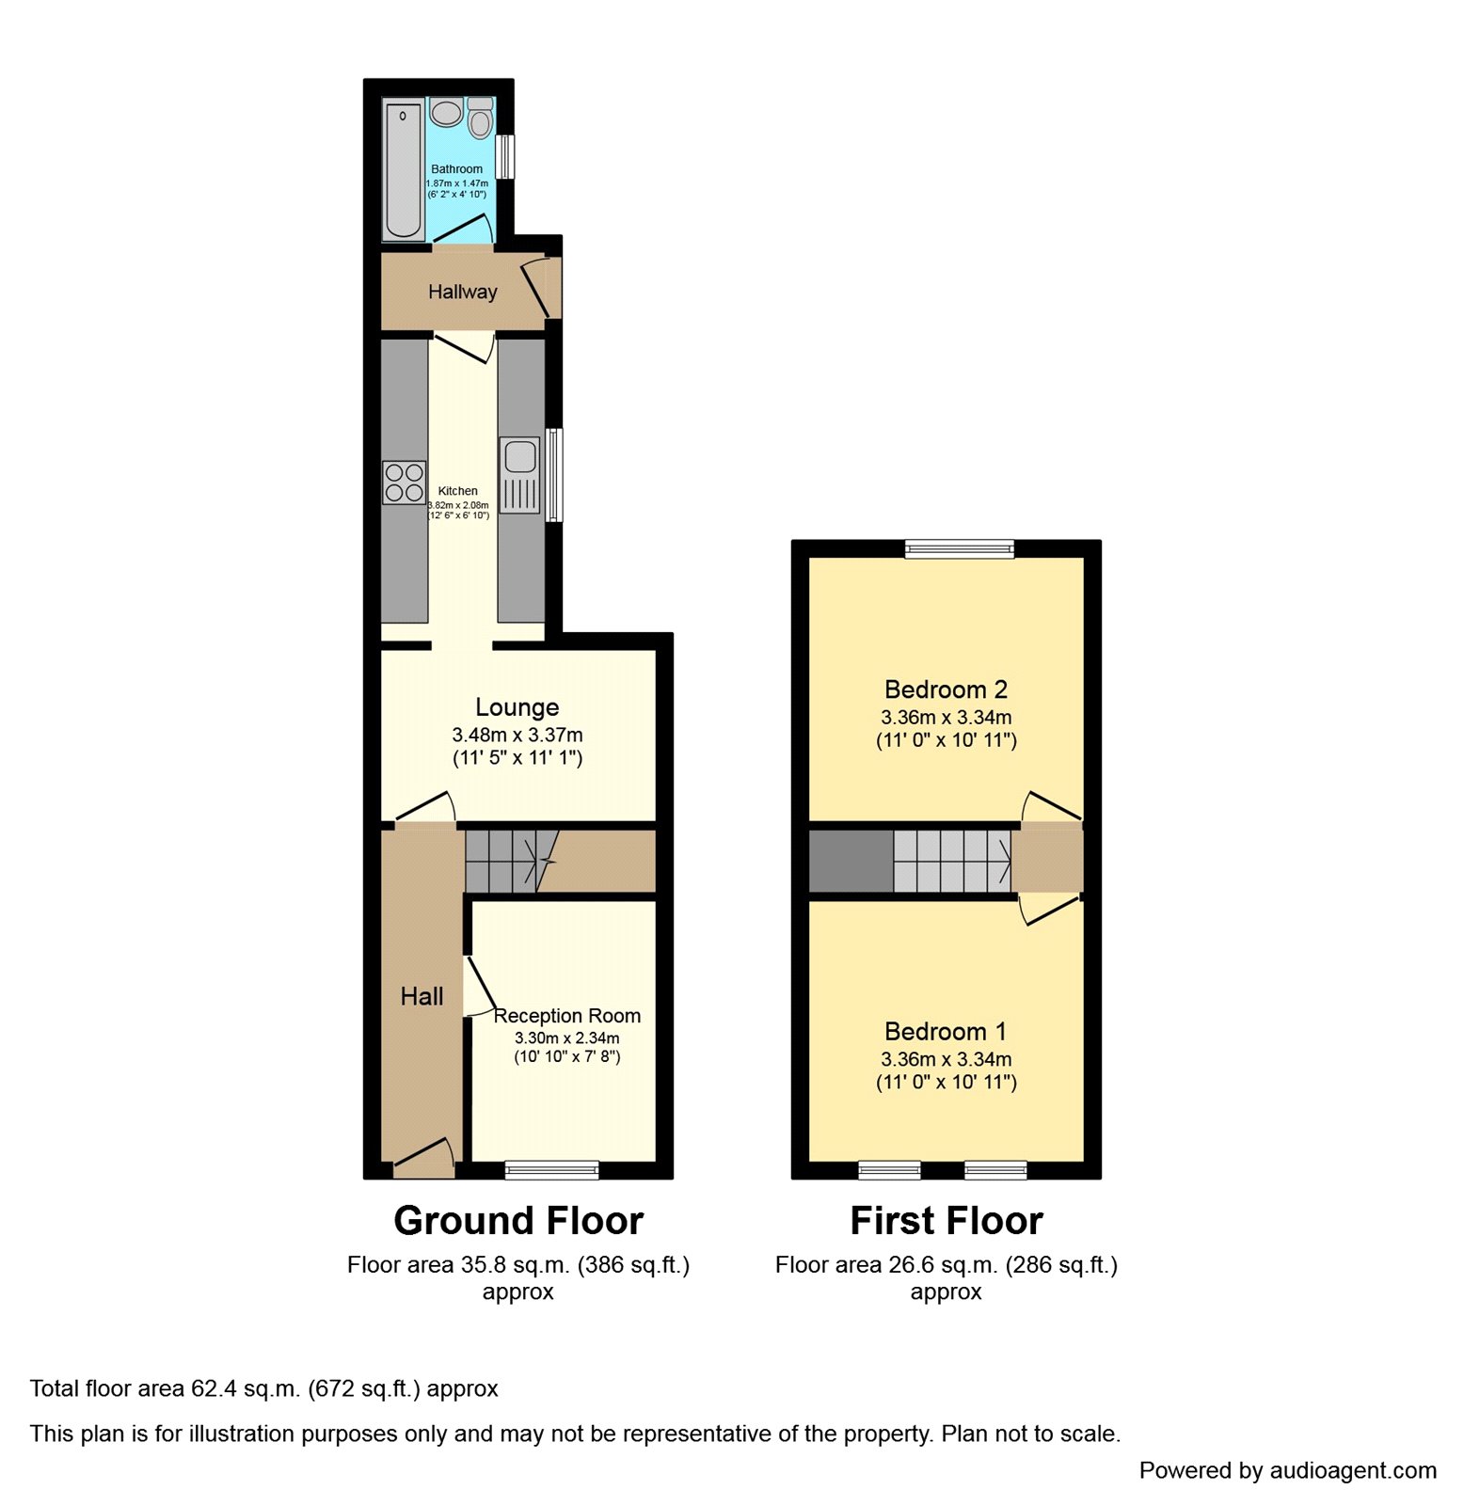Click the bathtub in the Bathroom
click(x=404, y=170)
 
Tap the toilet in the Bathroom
click(x=480, y=119)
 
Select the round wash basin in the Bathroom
click(x=446, y=113)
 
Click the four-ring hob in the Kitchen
click(x=404, y=483)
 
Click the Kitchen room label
click(x=458, y=491)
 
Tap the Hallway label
click(x=462, y=293)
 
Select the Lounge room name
click(x=517, y=707)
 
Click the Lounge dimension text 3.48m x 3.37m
click(x=517, y=735)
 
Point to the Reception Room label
click(x=567, y=1016)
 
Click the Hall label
click(x=422, y=997)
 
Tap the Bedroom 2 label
click(x=946, y=689)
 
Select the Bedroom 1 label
click(x=946, y=1032)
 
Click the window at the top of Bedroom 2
click(x=960, y=549)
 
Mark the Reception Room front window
click(x=552, y=1170)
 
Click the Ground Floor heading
click(x=518, y=1221)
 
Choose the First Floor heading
click(x=947, y=1221)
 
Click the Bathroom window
click(x=506, y=157)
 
